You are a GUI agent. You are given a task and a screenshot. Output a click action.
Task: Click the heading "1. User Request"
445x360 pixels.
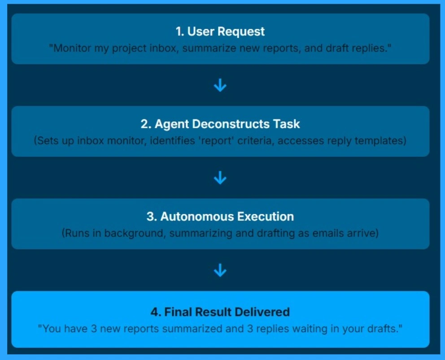click(220, 32)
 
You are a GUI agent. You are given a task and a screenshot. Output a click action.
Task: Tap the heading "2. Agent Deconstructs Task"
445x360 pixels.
click(220, 125)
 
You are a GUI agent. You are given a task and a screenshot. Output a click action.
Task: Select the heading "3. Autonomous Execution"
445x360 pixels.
click(220, 217)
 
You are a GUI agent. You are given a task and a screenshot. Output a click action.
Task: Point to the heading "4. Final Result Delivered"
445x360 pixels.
click(220, 312)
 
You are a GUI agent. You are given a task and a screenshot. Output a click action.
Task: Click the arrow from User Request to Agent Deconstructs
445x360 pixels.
click(220, 86)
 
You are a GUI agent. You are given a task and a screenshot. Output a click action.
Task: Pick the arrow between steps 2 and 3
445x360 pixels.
click(220, 178)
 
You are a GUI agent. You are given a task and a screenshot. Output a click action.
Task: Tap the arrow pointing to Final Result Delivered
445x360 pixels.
click(220, 270)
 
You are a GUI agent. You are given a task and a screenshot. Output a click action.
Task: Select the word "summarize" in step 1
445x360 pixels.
click(204, 48)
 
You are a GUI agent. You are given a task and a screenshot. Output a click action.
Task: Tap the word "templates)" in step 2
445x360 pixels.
click(380, 141)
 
